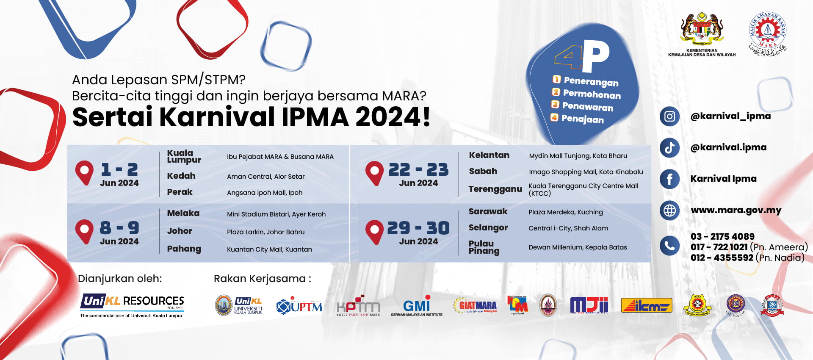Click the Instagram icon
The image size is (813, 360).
669,116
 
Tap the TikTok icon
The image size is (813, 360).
669,148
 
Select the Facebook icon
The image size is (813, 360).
669,179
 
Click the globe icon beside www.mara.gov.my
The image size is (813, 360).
669,210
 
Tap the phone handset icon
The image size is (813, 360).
669,246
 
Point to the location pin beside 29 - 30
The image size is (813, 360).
374,231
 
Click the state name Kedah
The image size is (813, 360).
181,176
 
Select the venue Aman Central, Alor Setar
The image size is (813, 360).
265,177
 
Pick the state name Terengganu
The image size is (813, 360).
495,189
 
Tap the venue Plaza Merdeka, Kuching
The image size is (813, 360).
565,212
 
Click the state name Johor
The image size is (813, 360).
180,231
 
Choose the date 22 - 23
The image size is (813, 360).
418,170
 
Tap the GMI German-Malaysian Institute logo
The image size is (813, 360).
417,306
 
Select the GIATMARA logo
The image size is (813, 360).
475,305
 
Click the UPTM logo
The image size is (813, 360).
299,306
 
